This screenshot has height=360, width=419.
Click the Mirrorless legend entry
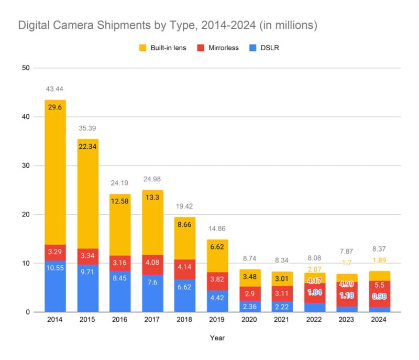217,48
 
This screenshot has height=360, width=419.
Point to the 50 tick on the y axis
25,68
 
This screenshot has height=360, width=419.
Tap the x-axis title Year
217,338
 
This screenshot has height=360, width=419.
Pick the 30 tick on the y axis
25,166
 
